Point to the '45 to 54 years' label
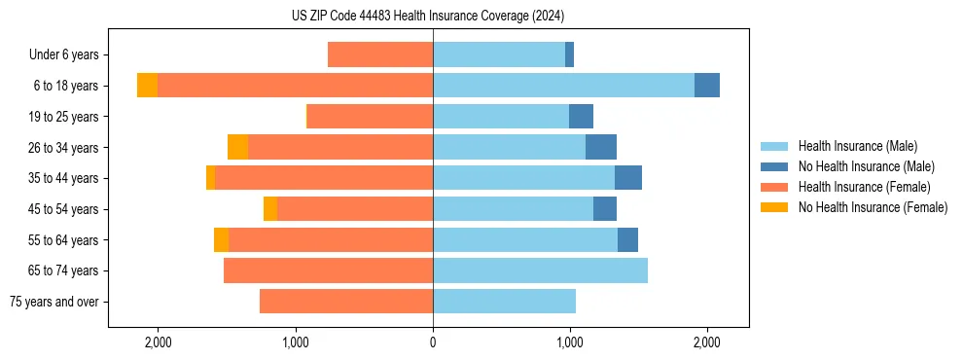point(63,209)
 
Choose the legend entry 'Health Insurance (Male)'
point(857,146)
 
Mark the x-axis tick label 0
point(433,342)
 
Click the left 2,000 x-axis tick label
point(158,342)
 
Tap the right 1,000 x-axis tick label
point(570,342)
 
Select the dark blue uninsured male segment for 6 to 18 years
point(707,86)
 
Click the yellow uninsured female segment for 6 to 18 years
point(147,86)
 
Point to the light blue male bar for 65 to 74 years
point(540,270)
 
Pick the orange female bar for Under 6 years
point(380,54)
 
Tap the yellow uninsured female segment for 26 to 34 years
point(237,147)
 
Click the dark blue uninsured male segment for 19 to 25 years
point(581,117)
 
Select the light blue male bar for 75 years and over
point(504,302)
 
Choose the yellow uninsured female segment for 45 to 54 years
point(270,209)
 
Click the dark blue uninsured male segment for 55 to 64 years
point(627,239)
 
